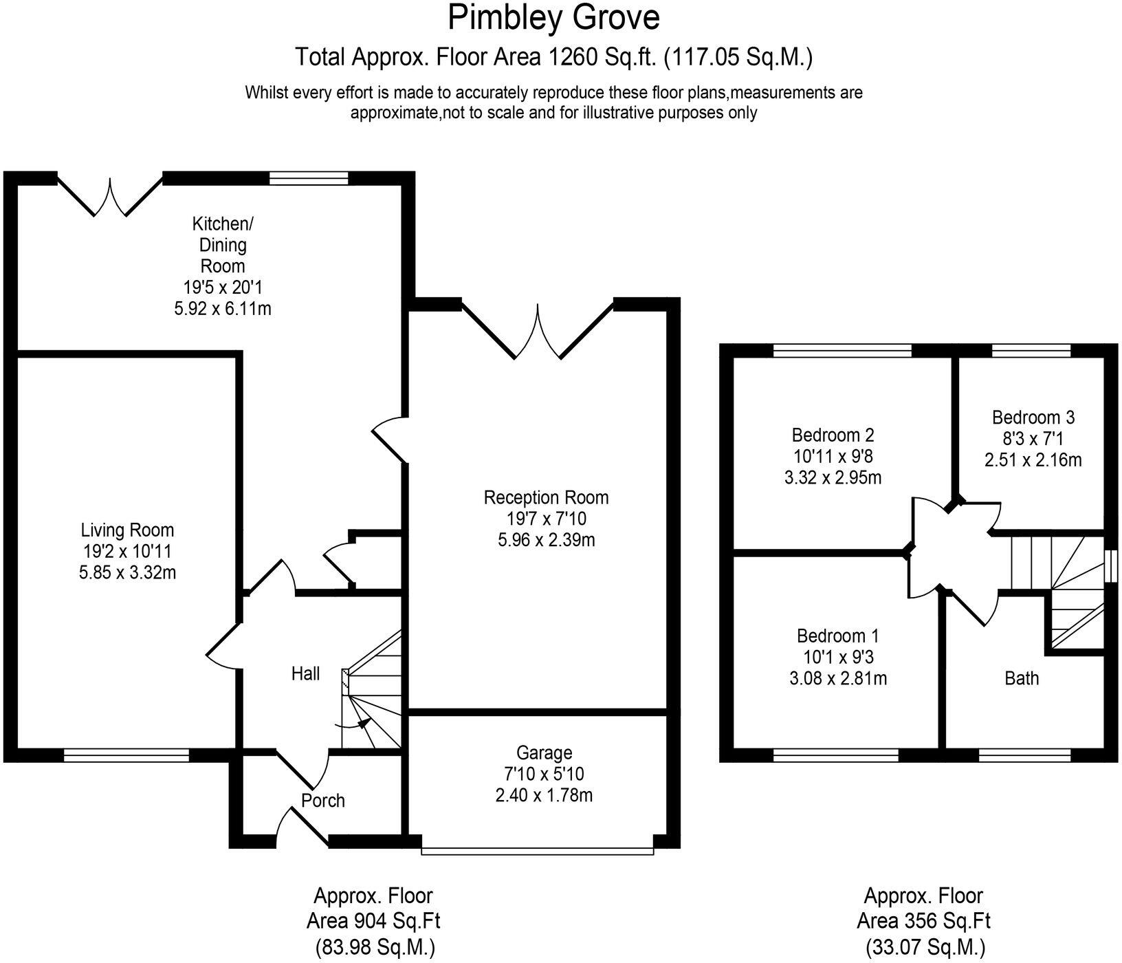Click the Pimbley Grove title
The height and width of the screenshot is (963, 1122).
tap(553, 18)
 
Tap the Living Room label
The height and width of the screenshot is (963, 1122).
tap(127, 530)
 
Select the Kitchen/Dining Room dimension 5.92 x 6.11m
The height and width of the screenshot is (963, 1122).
tap(223, 308)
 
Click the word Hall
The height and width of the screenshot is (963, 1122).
tap(305, 673)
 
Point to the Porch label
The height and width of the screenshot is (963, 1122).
tap(322, 801)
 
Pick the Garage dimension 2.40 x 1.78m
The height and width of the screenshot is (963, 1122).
tap(544, 796)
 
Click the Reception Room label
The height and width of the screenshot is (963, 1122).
tap(546, 497)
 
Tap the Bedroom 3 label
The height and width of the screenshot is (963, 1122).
tap(1033, 417)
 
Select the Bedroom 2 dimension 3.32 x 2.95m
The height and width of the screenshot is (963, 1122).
tap(833, 477)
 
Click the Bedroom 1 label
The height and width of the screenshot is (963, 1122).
tap(837, 636)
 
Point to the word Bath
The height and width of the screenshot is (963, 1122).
tap(1022, 678)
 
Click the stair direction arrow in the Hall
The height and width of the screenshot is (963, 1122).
tap(362, 723)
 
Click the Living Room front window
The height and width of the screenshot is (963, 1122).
tap(126, 755)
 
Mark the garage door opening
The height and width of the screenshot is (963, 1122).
tap(537, 851)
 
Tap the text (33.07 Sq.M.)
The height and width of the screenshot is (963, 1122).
tap(923, 947)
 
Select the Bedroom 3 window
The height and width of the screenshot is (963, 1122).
tap(1031, 351)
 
